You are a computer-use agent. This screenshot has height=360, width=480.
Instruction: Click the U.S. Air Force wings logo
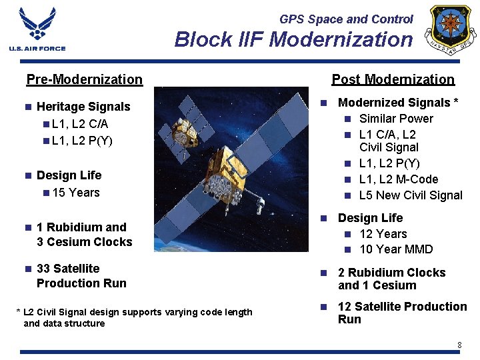point(37,29)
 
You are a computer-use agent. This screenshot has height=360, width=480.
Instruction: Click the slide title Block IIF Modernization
point(293,40)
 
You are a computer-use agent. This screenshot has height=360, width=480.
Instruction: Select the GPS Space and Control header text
point(346,19)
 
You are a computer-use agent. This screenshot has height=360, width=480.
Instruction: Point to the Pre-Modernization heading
point(84,80)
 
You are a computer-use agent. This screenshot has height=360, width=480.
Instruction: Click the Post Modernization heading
point(393,79)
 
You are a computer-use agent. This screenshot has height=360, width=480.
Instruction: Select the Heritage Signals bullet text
point(83,107)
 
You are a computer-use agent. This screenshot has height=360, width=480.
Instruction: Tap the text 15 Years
point(75,193)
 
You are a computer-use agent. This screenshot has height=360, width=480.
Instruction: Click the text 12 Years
point(383,234)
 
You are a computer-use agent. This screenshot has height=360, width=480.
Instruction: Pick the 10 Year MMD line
point(395,249)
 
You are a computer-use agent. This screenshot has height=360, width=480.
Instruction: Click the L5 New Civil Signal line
point(410,195)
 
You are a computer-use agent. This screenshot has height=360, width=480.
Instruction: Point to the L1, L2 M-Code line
point(398,179)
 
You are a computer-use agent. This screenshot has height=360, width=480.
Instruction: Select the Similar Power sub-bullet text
point(395,119)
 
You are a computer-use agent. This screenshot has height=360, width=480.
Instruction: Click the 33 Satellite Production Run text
point(81,276)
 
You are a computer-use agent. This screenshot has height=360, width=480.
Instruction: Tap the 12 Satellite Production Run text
point(402,313)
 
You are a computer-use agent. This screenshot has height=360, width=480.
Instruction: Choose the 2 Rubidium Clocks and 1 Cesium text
point(391,279)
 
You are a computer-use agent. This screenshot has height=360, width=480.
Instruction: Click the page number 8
point(459,345)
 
